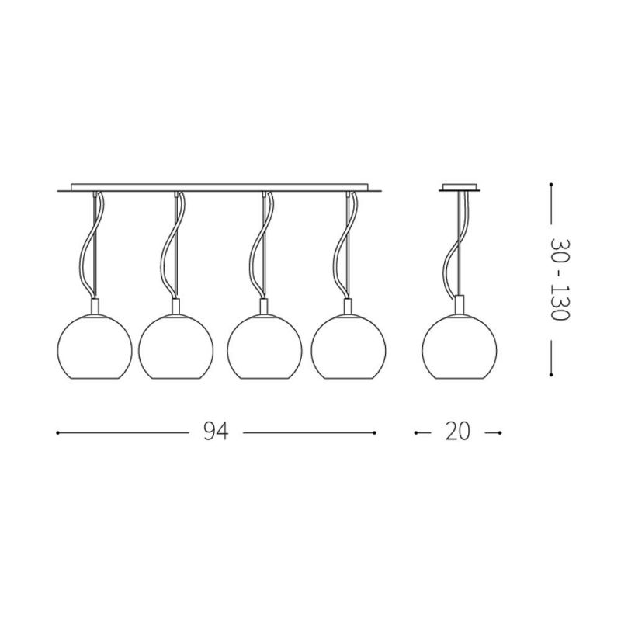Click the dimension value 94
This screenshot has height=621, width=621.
(216, 432)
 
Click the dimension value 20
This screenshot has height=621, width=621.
(458, 432)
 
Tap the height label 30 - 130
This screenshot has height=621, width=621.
(560, 280)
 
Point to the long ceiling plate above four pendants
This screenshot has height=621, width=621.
(220, 188)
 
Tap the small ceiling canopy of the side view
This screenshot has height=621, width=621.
(460, 188)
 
